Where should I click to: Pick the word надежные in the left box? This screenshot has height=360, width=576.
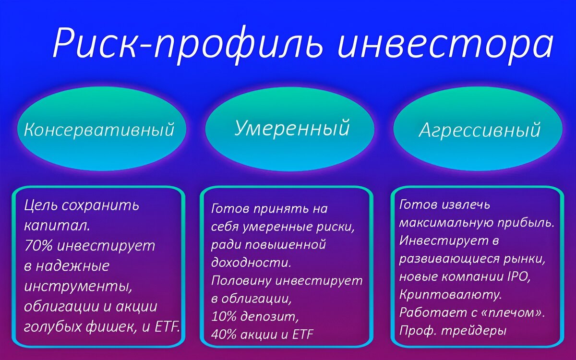tap(72, 265)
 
